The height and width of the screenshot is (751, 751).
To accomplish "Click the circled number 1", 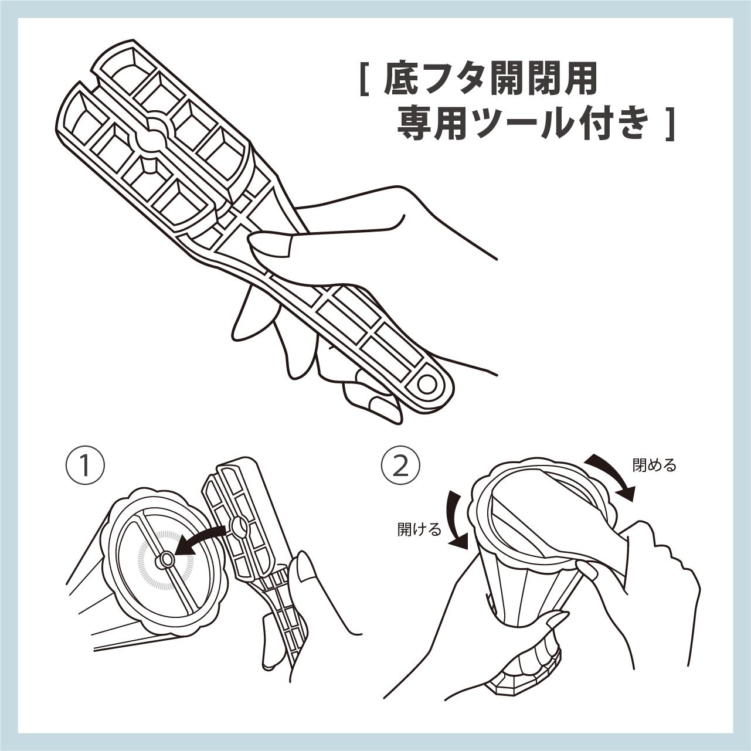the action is pyautogui.click(x=85, y=467).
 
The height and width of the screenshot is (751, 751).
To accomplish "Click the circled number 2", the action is pyautogui.click(x=401, y=467).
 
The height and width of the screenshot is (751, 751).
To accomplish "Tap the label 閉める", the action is pyautogui.click(x=654, y=465).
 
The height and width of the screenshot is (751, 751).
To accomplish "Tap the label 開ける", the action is pyautogui.click(x=419, y=530).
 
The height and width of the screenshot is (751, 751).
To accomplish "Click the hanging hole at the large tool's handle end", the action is pyautogui.click(x=427, y=385).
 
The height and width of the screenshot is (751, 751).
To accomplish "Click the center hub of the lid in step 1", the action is pyautogui.click(x=165, y=560).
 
